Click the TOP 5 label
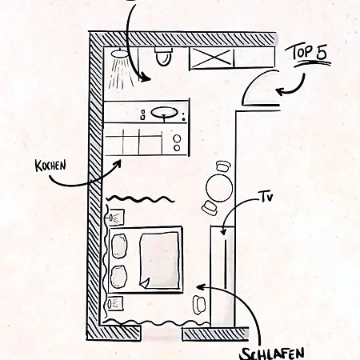[310, 53]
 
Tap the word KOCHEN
[50, 166]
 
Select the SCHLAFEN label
[272, 354]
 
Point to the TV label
[266, 198]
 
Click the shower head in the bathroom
[120, 54]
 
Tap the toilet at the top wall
[163, 57]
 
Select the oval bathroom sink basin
[165, 113]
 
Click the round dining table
[219, 188]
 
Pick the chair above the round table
[223, 166]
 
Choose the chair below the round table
[210, 208]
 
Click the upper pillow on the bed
[119, 246]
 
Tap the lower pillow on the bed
[118, 277]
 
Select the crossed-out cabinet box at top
[211, 58]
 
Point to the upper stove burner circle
[177, 138]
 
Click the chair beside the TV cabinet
[199, 304]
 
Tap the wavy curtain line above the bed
[141, 199]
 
